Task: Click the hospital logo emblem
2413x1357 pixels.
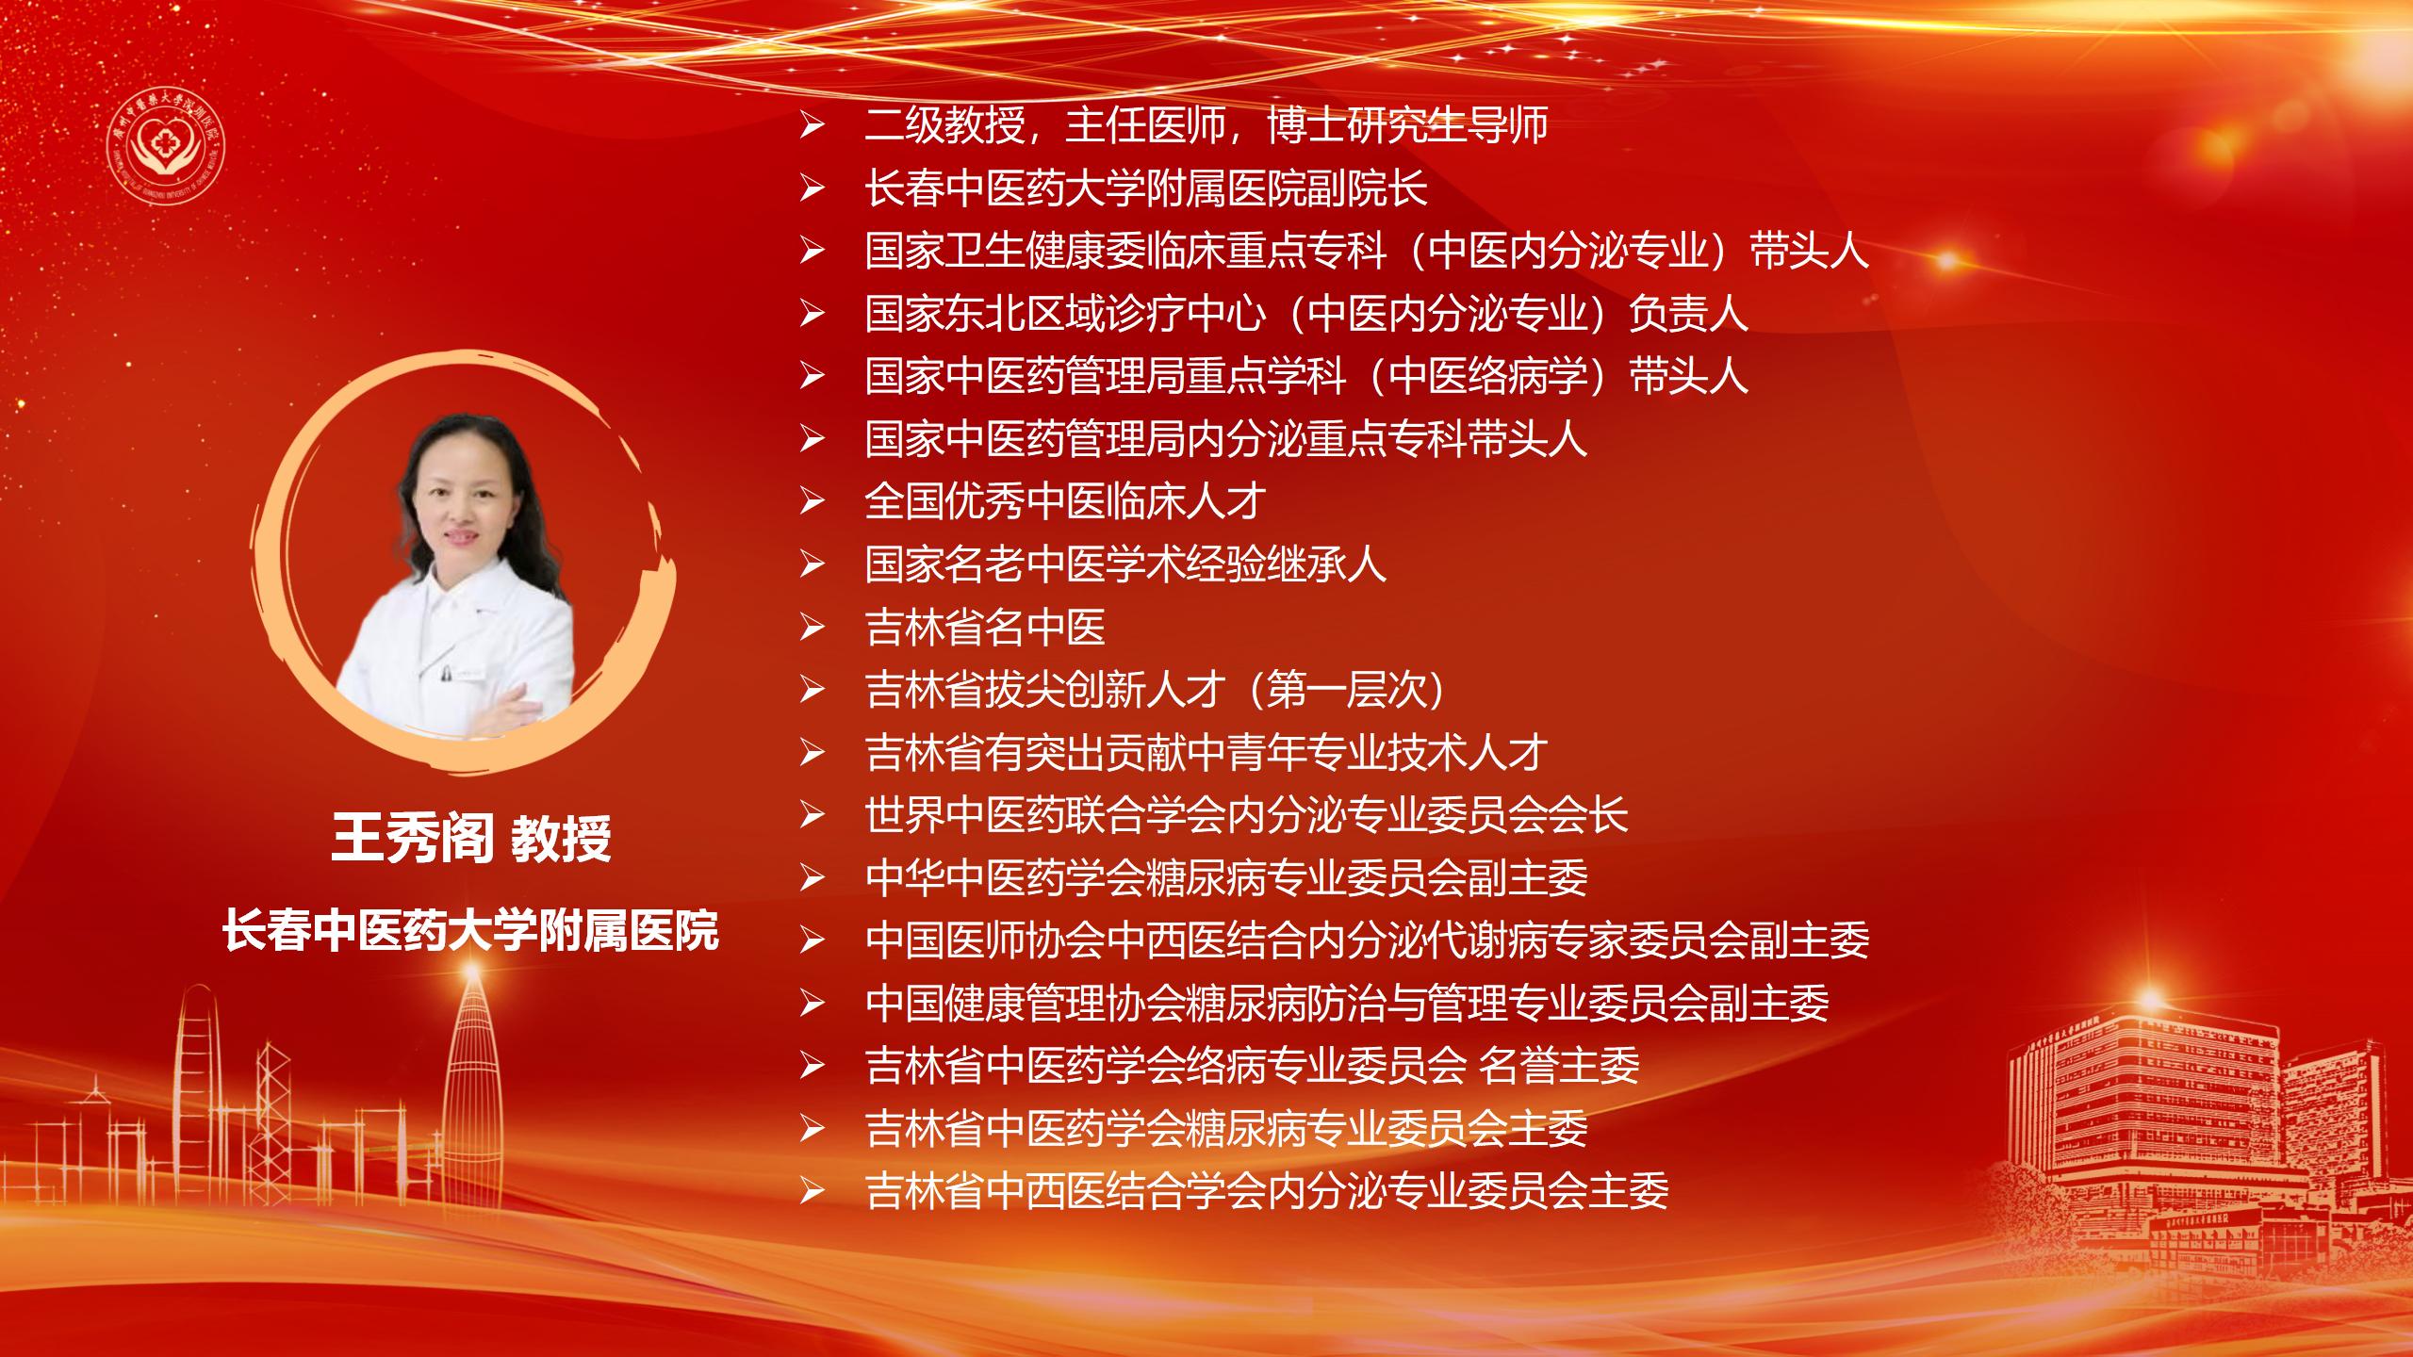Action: point(166,138)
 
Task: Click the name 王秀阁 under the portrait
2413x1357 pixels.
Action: point(413,839)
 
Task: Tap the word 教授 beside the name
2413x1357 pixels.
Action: point(562,839)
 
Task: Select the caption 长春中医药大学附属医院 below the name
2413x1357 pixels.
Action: point(470,930)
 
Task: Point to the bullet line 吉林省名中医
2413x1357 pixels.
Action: point(985,628)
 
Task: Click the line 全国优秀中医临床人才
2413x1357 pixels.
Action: point(1065,501)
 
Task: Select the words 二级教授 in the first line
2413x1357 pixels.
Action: point(944,125)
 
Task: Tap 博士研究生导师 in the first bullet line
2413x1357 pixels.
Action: point(1408,125)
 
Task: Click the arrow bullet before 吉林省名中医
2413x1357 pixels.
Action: point(812,629)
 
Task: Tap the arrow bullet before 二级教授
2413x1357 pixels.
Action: point(812,126)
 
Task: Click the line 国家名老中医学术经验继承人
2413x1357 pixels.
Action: point(1125,564)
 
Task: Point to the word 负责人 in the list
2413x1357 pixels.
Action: point(1688,314)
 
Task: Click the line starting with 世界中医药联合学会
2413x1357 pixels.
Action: point(1246,815)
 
